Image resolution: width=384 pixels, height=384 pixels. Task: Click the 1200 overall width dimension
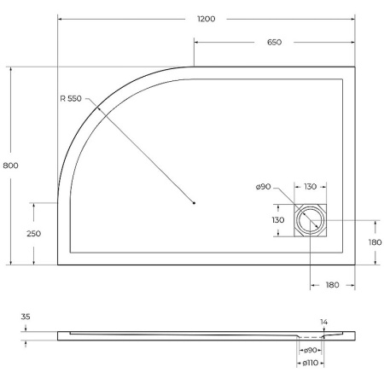coord(206,18)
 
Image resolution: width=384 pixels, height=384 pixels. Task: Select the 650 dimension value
coord(274,42)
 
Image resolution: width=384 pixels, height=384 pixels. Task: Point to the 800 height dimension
coord(10,165)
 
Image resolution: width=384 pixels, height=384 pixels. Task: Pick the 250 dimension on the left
coord(34,233)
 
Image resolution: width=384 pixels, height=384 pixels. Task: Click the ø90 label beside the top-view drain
coord(263,188)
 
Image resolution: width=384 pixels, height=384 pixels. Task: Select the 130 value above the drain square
coord(310,188)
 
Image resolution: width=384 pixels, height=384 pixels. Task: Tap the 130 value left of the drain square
coord(278,220)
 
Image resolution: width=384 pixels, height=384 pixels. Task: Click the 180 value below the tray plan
coord(332,284)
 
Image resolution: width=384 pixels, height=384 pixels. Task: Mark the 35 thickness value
coord(25,317)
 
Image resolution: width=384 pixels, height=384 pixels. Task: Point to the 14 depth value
coord(323,322)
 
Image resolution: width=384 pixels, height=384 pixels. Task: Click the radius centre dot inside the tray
coord(195,203)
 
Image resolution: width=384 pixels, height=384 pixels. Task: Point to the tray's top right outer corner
coord(355,67)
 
